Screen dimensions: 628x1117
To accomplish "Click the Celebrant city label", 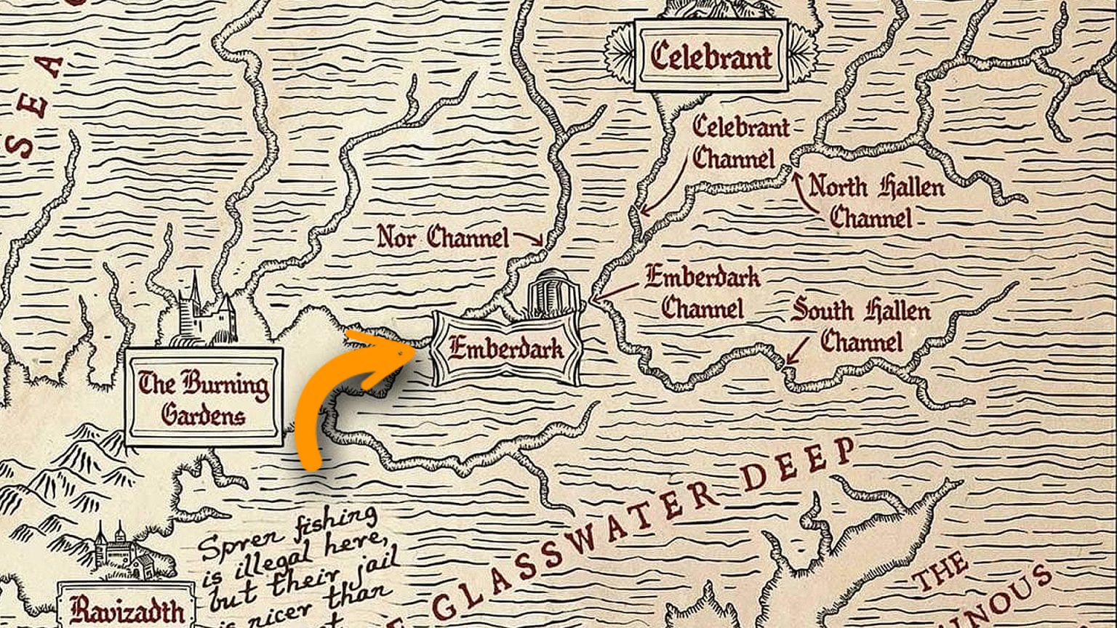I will pos(710,56).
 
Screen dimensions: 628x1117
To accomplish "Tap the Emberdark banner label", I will pos(506,349).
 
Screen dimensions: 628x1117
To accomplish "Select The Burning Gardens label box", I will pos(203,398).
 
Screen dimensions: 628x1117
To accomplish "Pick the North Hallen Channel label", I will pos(875,201).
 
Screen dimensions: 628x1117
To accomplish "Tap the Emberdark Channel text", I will pos(702,291).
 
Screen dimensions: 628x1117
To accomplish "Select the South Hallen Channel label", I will pos(861,326).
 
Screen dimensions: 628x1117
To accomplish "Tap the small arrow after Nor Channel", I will pos(529,238).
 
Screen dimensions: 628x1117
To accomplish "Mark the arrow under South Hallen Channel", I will pos(797,350).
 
